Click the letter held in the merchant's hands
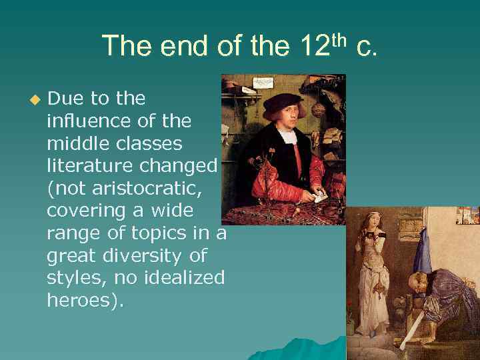click(320, 197)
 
